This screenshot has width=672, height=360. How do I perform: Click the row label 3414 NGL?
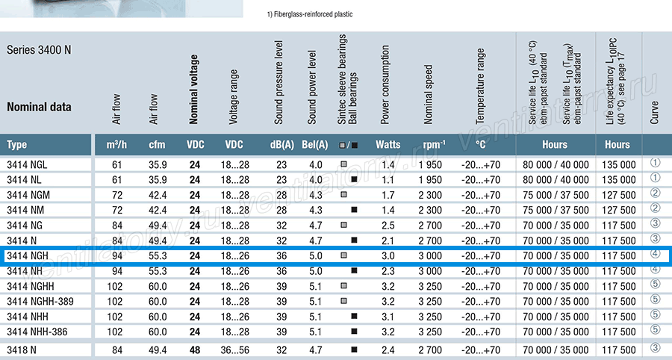pos(28,164)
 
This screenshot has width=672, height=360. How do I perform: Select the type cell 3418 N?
pos(22,350)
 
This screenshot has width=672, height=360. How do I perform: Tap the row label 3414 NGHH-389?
pos(40,301)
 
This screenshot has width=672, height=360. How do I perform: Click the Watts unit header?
pos(388,145)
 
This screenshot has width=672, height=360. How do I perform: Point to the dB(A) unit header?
pos(282,145)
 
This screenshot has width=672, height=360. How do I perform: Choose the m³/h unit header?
pos(116,144)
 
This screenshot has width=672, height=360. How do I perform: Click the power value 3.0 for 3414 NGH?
pos(388,256)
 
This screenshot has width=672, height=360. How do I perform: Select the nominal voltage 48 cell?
pos(195,350)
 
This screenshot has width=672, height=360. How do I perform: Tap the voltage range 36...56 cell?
pos(235,350)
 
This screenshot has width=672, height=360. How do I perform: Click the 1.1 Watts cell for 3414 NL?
pos(388,180)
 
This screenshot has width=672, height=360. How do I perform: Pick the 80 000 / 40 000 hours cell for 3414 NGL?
pos(556,164)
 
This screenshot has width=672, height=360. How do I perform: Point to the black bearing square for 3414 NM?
pos(354,210)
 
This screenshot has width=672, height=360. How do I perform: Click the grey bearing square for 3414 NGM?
pos(343,194)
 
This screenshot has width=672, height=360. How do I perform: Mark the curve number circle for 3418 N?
pos(655,347)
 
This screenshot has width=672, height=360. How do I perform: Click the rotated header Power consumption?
pos(385,85)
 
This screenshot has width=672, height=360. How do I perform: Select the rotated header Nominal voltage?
pos(193,89)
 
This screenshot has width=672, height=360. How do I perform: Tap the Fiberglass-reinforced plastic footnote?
pos(309,14)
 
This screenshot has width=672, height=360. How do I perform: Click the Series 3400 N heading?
pos(39,50)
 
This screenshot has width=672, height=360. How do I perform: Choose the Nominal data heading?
pos(39,107)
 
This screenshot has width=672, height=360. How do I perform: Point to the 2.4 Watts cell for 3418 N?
pos(388,350)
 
